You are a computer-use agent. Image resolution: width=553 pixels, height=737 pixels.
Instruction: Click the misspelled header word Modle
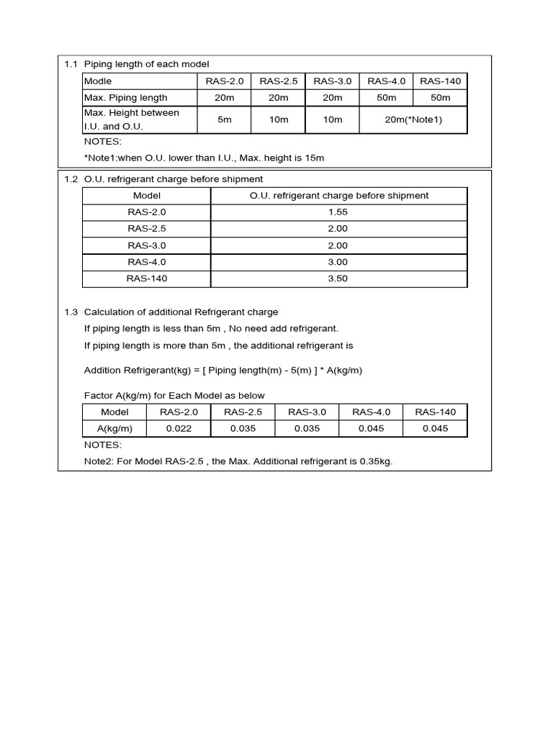coord(98,81)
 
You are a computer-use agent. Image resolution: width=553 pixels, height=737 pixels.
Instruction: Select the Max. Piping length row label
coord(126,98)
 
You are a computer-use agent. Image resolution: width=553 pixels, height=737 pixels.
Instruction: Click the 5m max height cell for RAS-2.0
coord(225,119)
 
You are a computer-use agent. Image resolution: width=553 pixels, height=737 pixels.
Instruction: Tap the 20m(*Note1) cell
coord(413,119)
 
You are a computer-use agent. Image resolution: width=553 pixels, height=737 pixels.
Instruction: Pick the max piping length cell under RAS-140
coord(440,98)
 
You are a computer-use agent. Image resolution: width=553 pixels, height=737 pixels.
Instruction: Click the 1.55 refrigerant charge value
coord(338,212)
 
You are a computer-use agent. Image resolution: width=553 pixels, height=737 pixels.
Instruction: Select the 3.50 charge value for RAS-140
coord(338,279)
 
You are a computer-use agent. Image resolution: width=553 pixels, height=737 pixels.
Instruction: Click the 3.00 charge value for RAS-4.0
coord(338,262)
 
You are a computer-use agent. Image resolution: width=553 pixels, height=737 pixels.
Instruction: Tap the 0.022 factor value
coord(179,428)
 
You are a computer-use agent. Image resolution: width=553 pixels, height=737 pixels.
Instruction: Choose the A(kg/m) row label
coord(114,428)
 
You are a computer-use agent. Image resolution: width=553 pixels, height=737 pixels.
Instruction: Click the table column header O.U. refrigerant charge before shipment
coord(338,195)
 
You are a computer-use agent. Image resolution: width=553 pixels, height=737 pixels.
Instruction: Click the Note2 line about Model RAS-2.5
coord(238,461)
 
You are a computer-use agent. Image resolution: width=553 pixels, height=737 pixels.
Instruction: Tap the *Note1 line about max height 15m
coord(204,158)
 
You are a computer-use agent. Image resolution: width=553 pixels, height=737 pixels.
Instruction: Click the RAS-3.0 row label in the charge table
coord(147,245)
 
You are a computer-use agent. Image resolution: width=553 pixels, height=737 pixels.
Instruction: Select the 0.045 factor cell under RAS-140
coord(435,428)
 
